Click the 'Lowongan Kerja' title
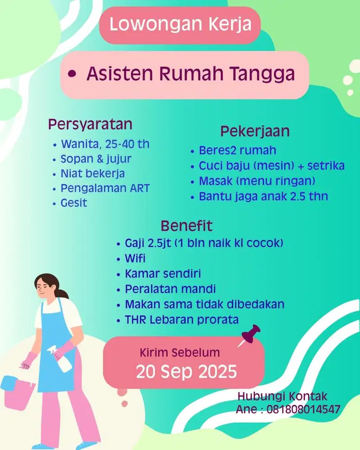(180, 24)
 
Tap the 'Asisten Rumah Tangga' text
(191, 74)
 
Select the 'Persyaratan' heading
(90, 125)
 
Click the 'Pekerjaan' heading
(255, 131)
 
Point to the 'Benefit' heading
(186, 226)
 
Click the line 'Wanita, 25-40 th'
(105, 144)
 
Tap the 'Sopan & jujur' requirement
(96, 159)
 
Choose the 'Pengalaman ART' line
(105, 188)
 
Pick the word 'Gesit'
(74, 203)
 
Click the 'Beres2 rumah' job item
(238, 150)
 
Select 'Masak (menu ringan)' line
(257, 181)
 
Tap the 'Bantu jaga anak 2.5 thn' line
(263, 196)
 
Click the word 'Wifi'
(135, 258)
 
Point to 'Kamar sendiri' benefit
(163, 274)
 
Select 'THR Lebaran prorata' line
(182, 319)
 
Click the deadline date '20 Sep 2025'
(186, 372)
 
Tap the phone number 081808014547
(303, 409)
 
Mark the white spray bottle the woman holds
(61, 359)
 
